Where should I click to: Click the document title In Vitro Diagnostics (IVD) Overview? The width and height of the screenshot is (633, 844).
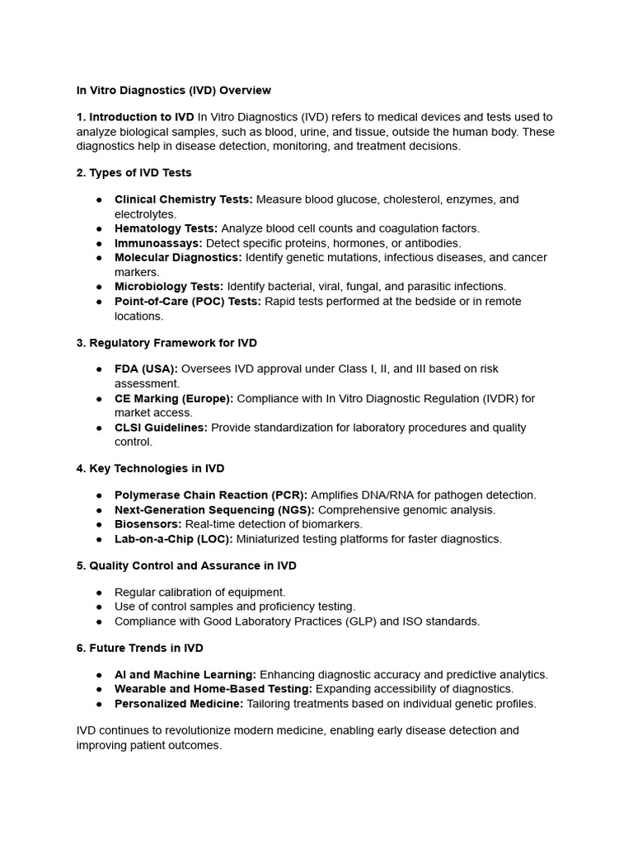pyautogui.click(x=173, y=90)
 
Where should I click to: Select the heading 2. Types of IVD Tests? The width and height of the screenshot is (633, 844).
pyautogui.click(x=134, y=172)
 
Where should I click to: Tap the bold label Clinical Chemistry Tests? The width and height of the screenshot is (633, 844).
pyautogui.click(x=184, y=199)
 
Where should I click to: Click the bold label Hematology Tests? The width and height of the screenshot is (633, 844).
pyautogui.click(x=166, y=228)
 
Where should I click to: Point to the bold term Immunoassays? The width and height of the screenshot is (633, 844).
pyautogui.click(x=158, y=243)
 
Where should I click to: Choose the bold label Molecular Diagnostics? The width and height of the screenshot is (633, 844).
pyautogui.click(x=178, y=257)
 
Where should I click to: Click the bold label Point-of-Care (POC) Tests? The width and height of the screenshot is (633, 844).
pyautogui.click(x=187, y=301)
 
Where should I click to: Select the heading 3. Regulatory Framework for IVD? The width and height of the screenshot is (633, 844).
pyautogui.click(x=166, y=342)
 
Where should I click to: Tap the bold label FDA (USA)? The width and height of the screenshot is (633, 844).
pyautogui.click(x=146, y=368)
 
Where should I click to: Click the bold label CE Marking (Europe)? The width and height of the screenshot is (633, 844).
pyautogui.click(x=174, y=398)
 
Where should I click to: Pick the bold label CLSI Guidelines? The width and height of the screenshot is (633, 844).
pyautogui.click(x=161, y=427)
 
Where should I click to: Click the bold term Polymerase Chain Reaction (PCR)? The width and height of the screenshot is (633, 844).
pyautogui.click(x=210, y=495)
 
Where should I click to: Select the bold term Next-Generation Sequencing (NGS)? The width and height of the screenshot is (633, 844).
pyautogui.click(x=214, y=509)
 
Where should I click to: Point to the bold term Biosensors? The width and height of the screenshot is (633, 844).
pyautogui.click(x=148, y=524)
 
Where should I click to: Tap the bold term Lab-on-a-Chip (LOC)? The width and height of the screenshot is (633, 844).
pyautogui.click(x=174, y=539)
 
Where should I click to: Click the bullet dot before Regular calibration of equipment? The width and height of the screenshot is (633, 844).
pyautogui.click(x=99, y=592)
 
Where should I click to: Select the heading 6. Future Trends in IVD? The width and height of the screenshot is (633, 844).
pyautogui.click(x=139, y=648)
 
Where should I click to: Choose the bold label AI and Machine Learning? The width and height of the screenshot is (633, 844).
pyautogui.click(x=185, y=674)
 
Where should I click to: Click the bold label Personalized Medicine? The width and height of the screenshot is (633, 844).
pyautogui.click(x=179, y=704)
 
